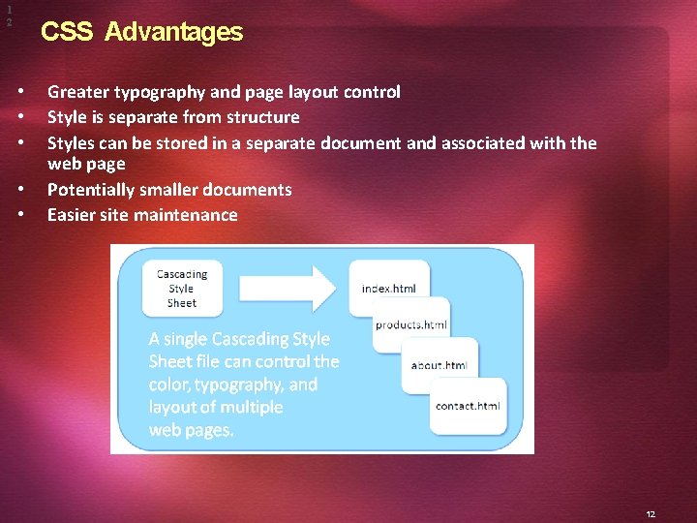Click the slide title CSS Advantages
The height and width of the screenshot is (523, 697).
click(141, 32)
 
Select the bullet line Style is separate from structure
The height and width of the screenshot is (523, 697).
click(173, 117)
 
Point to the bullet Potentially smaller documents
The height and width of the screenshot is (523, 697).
click(169, 190)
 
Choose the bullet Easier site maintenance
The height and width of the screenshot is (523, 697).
click(142, 215)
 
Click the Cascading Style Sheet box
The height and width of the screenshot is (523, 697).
click(181, 289)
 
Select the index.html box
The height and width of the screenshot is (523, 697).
click(388, 288)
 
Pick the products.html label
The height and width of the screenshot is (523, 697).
click(411, 324)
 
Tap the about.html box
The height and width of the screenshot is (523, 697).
click(439, 365)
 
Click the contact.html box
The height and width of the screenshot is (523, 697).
click(468, 406)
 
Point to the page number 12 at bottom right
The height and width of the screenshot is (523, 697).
click(652, 515)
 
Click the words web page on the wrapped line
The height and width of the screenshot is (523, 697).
click(86, 165)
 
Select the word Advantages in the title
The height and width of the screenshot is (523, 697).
click(173, 32)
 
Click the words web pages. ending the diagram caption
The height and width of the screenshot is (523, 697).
click(191, 429)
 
